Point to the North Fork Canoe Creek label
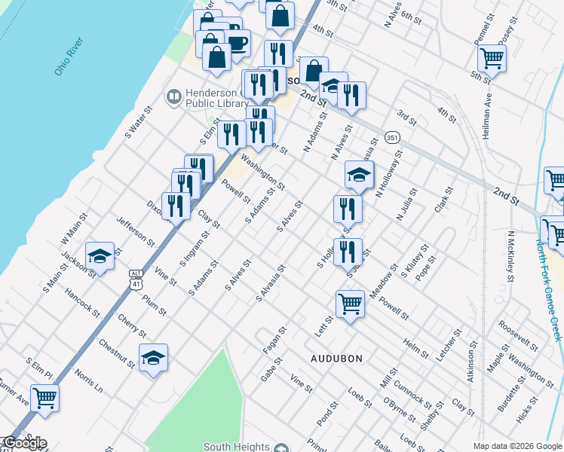point(548,290)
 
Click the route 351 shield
point(391,138)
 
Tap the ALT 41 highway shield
point(135,279)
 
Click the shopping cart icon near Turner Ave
point(44,396)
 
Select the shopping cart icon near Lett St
point(350,304)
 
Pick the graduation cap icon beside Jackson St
point(99,255)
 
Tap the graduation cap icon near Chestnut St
point(153,357)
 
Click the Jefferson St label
point(136,231)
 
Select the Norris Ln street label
point(88,382)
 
